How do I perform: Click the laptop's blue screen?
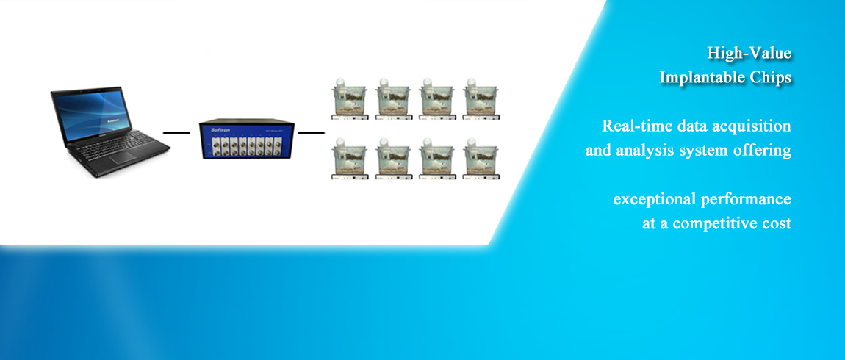tap(93, 115)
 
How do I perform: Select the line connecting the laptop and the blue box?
tap(176, 132)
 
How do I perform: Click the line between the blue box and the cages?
tap(312, 132)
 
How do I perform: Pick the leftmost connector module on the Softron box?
tap(211, 145)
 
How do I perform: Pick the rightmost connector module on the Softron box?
tap(278, 145)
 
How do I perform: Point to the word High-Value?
tap(749, 54)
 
